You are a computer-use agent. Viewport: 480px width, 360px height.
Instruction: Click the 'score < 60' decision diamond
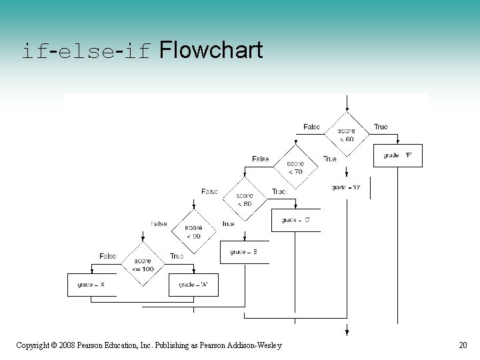click(346, 135)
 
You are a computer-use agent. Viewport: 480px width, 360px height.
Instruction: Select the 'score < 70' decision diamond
click(295, 167)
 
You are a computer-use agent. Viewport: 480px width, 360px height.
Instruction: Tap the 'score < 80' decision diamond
click(244, 199)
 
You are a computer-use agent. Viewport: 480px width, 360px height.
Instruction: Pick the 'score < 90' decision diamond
click(193, 232)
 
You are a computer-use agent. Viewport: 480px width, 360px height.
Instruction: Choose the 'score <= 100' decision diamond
click(143, 265)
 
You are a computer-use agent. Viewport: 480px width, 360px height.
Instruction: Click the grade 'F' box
click(397, 155)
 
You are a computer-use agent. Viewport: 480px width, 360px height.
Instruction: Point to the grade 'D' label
click(346, 187)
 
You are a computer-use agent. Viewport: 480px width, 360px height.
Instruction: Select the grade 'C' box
click(295, 220)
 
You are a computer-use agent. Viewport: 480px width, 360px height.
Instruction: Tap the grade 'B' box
click(244, 252)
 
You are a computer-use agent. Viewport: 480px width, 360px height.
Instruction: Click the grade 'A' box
click(193, 285)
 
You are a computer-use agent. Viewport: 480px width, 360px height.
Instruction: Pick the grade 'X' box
click(91, 285)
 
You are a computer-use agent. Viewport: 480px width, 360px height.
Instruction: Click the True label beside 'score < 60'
click(381, 127)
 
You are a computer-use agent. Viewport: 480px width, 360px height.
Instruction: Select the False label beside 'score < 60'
click(311, 127)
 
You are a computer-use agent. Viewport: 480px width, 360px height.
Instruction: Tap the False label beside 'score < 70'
click(261, 159)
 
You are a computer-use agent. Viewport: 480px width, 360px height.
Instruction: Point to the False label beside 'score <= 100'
click(108, 256)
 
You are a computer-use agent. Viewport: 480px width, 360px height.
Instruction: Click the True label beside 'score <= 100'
click(177, 256)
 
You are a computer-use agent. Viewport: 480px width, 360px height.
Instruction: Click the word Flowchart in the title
click(211, 50)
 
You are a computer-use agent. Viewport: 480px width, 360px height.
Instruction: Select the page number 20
click(463, 345)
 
